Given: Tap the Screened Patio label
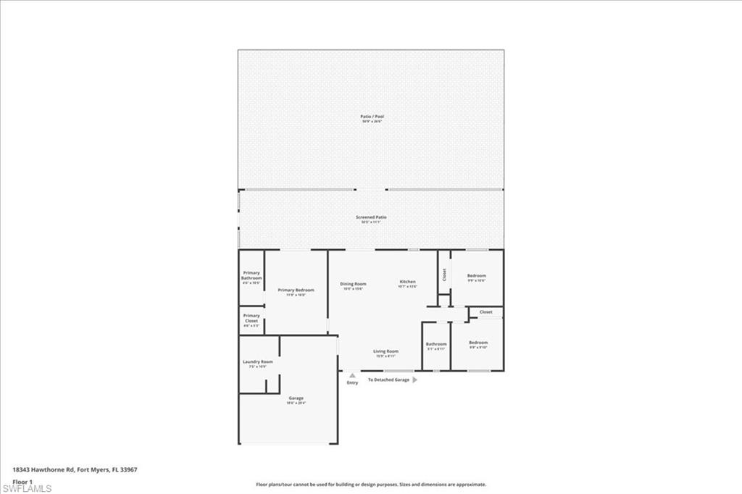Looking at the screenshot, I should (370, 217).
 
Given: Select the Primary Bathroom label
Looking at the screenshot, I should (251, 275).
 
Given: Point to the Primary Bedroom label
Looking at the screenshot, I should (296, 290).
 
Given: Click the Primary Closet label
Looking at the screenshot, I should (251, 318).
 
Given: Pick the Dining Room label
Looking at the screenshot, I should (354, 284).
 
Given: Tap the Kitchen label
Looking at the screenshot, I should (408, 281).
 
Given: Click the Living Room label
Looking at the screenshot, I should (385, 351).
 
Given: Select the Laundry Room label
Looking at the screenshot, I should (257, 361).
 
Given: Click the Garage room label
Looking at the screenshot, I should (296, 398).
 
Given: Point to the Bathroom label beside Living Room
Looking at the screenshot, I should (436, 344).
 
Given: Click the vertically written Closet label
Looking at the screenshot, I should (444, 275).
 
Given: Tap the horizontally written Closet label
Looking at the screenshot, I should (485, 312).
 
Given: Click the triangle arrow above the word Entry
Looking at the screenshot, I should (352, 375).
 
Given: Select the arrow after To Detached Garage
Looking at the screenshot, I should (414, 380).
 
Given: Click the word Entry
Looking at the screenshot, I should (352, 382).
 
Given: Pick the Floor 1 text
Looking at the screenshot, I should (22, 480).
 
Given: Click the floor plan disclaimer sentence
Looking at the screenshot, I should (370, 485).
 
